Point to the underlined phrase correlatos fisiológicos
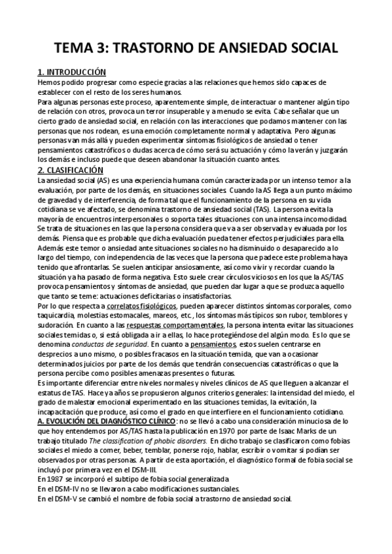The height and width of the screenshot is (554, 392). (x=126, y=287)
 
